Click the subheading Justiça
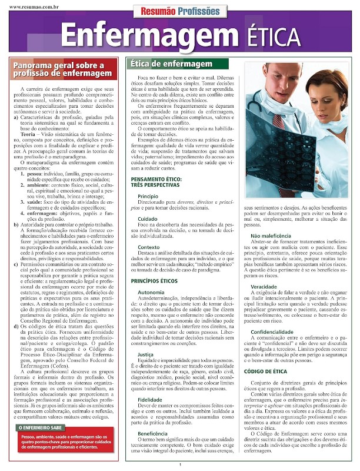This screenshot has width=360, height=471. coord(146,354)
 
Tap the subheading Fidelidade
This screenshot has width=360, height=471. coord(149,399)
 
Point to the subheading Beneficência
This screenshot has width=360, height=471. coord(152,433)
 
